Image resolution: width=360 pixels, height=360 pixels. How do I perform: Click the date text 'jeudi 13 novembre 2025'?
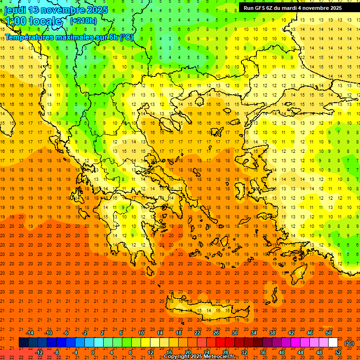tap(56, 10)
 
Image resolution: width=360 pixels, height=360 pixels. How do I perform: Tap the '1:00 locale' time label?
tap(33, 21)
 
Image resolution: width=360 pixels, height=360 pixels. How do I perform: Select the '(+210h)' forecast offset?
tap(83, 21)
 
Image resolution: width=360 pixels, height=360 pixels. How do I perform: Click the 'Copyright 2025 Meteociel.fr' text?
tap(199, 357)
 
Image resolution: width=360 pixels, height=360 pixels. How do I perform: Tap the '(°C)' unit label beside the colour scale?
tap(349, 343)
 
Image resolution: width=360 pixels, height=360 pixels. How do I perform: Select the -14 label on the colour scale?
tap(30, 333)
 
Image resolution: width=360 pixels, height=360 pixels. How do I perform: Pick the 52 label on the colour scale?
tap(338, 352)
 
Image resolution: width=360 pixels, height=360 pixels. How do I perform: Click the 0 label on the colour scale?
tap(93, 352)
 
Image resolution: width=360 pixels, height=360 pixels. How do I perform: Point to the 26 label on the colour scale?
tap(216, 333)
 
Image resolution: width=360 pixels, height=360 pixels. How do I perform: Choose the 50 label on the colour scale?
tap(329, 333)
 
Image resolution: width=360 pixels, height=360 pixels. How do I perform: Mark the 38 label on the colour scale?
tap(272, 333)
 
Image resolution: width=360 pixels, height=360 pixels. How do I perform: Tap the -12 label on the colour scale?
tap(39, 352)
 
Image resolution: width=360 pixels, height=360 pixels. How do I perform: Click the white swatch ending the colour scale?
tap(333, 343)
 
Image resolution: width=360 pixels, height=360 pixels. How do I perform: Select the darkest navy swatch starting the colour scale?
tap(23, 343)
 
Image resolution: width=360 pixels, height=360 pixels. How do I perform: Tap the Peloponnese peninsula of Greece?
tap(136, 244)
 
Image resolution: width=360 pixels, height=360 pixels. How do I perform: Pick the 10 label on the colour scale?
tap(141, 333)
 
